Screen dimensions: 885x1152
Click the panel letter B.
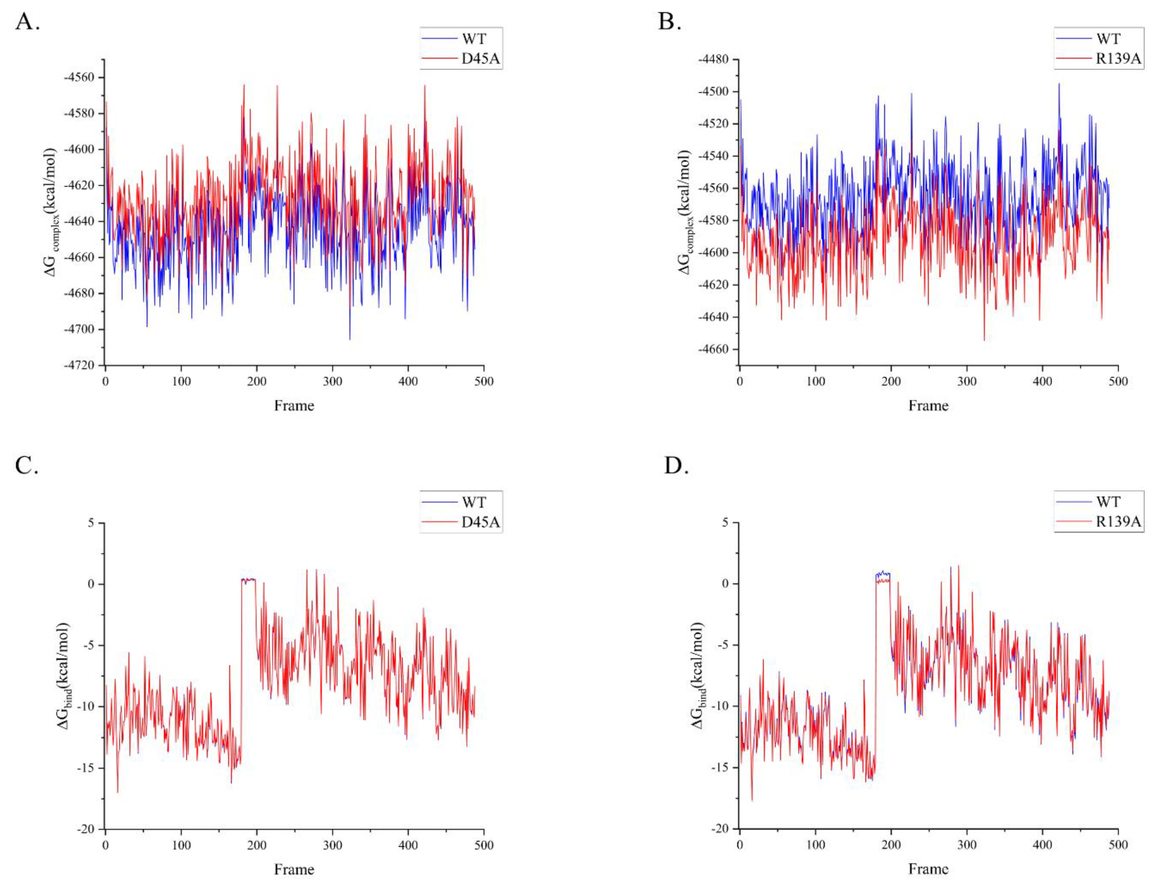669,22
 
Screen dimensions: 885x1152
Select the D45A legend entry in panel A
480,59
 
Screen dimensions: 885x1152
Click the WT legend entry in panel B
1108,38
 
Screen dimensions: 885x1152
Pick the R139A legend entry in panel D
1118,522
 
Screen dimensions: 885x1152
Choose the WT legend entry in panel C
474,502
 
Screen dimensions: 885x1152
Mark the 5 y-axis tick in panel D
725,523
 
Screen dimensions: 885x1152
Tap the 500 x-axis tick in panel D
1118,845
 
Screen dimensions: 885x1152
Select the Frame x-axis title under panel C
294,869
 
